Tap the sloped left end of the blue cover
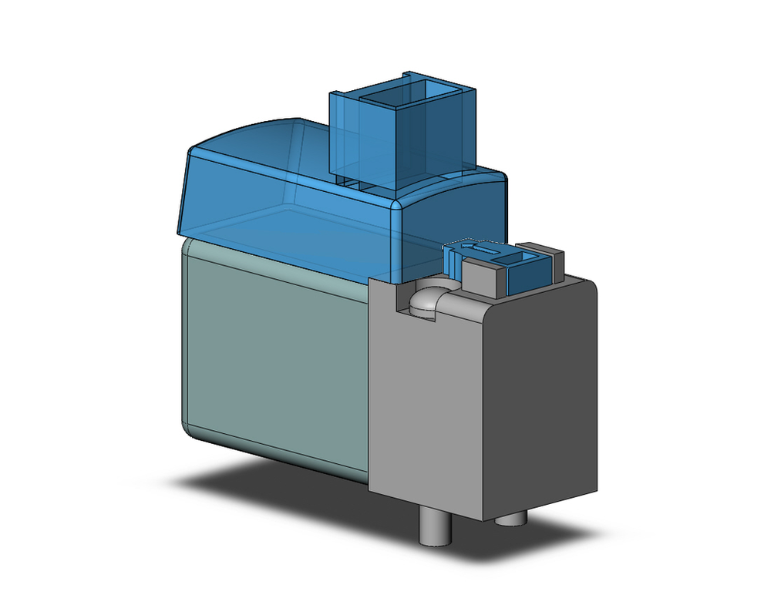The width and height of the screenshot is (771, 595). (x=185, y=193)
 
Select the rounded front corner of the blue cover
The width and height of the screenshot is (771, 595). (x=399, y=208)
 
